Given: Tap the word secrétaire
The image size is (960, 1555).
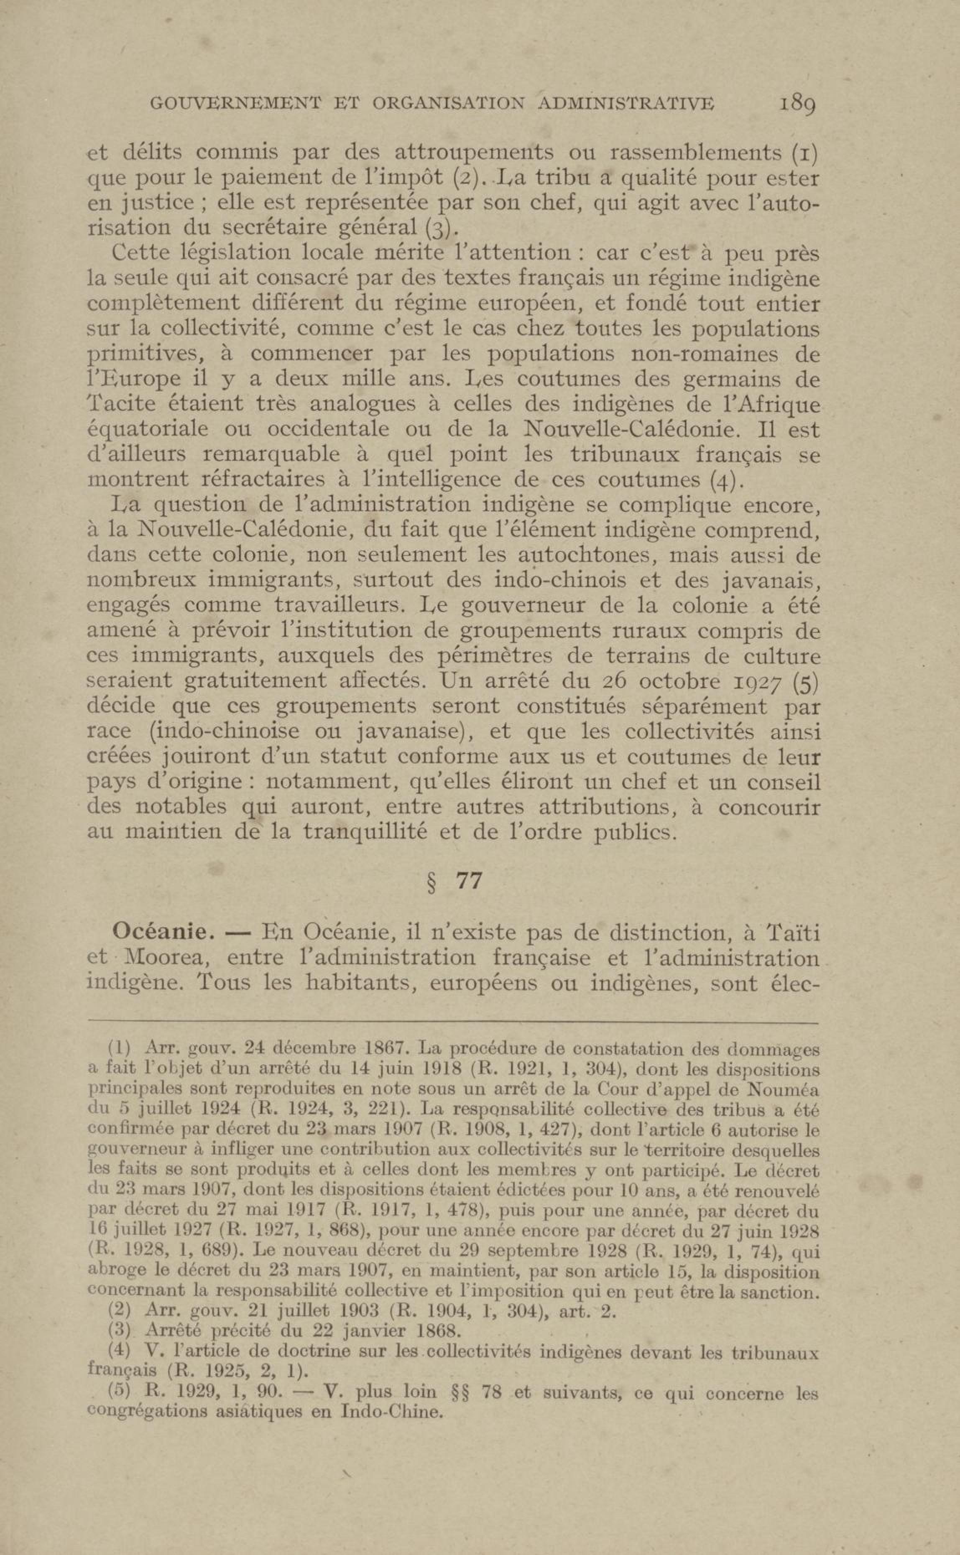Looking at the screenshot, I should [x=271, y=228].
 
